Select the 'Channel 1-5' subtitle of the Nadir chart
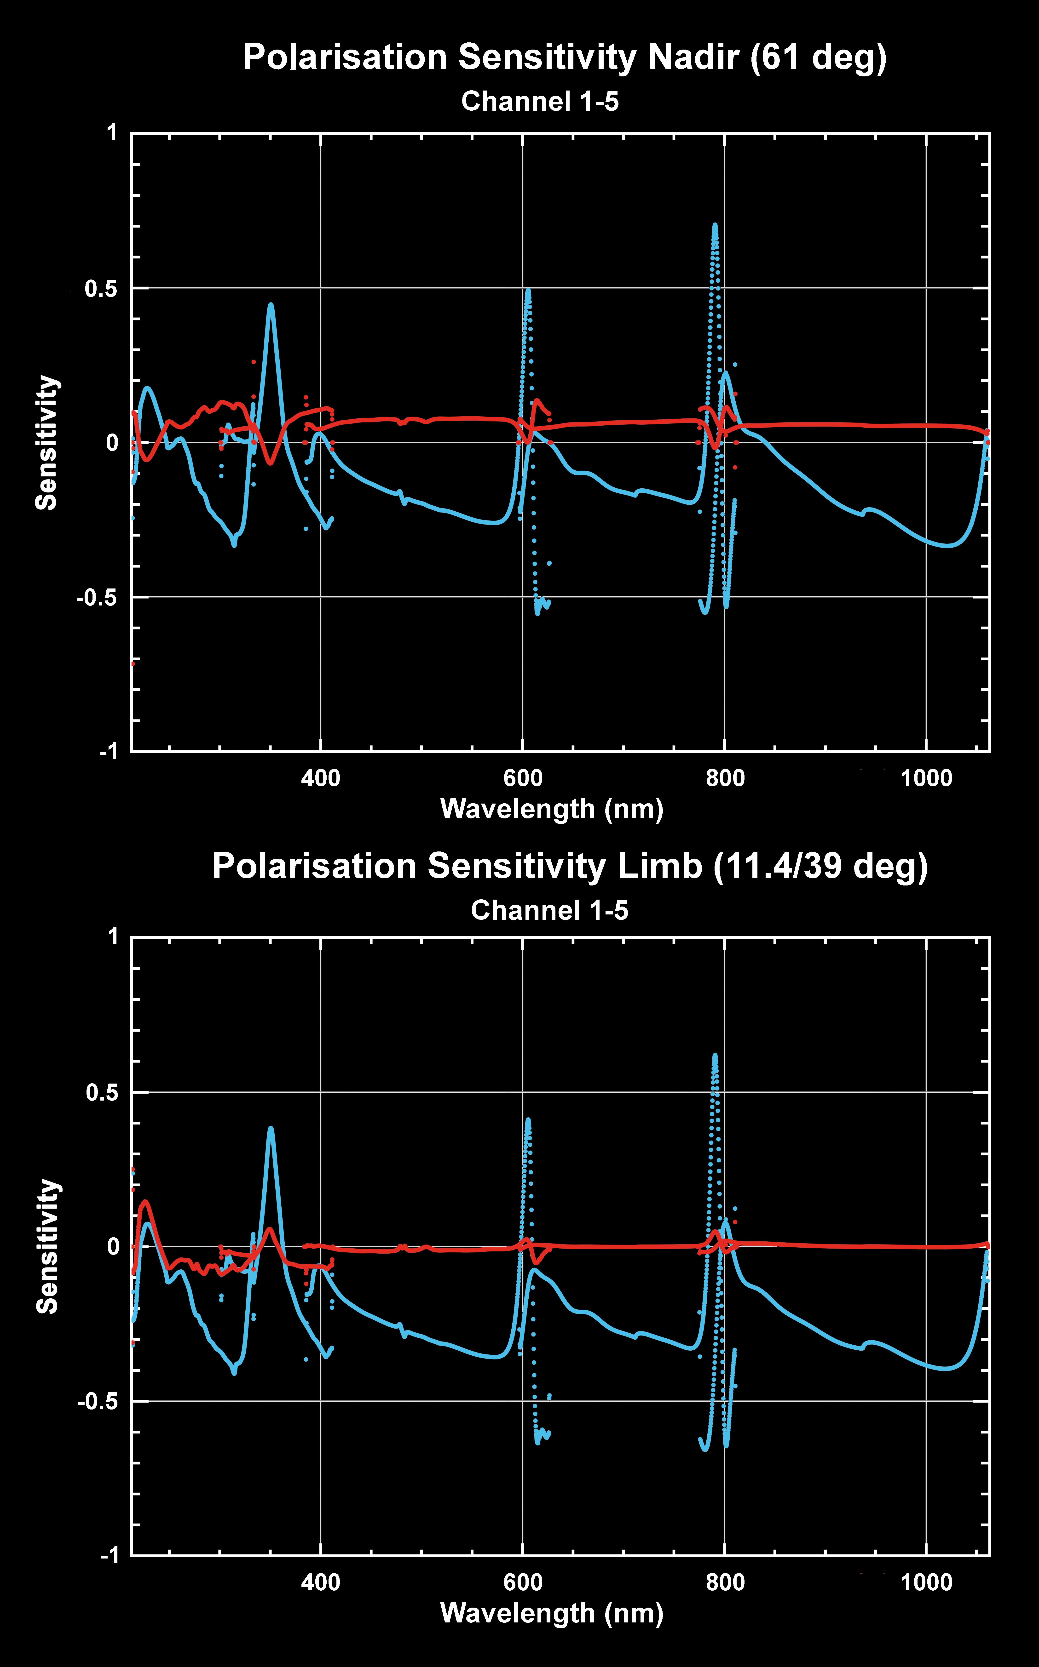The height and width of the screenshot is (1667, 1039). [540, 102]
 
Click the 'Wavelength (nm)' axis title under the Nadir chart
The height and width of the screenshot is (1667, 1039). [552, 809]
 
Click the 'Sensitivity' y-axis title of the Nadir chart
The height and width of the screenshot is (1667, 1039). [47, 443]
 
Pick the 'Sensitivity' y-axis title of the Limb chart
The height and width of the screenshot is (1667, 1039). [47, 1247]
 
